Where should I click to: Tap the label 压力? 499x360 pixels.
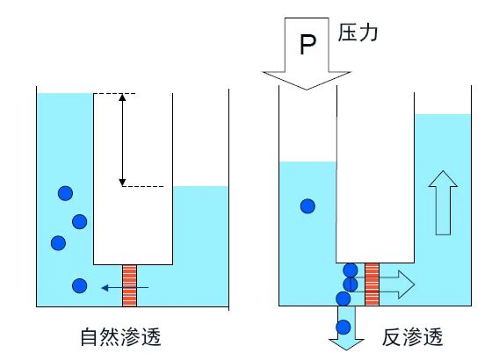coord(360,34)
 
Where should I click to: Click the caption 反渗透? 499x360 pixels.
coord(412,336)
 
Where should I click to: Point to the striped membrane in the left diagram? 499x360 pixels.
coord(131,285)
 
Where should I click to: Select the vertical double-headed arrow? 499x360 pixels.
coord(122,140)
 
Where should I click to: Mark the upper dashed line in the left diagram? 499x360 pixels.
coord(117,93)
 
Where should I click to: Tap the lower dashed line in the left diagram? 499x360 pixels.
coord(141,186)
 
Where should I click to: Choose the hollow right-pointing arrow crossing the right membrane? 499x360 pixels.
coord(395,284)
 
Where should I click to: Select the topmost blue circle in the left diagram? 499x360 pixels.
coord(65,193)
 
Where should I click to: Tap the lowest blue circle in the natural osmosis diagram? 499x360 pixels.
coord(80,285)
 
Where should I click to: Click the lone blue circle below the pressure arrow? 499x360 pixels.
coord(307,206)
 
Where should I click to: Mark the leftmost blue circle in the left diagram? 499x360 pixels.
coord(59,242)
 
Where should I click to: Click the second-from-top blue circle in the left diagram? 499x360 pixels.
coord(80,221)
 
